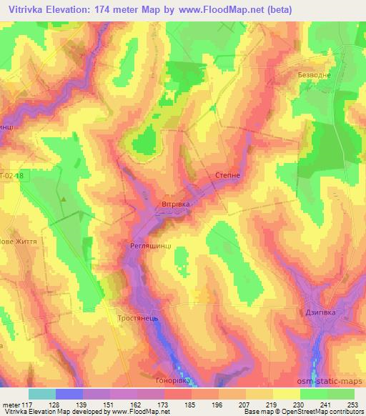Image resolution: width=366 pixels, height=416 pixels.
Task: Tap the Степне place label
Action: pyautogui.click(x=227, y=174)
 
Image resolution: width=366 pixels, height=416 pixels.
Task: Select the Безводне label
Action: pyautogui.click(x=315, y=74)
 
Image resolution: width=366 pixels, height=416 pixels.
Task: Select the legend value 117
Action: pyautogui.click(x=29, y=405)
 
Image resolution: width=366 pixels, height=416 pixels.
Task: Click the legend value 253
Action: pyautogui.click(x=353, y=405)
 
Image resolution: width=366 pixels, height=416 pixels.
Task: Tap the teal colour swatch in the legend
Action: pyautogui.click(x=42, y=394)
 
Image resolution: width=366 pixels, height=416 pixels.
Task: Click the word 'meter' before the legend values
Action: pyautogui.click(x=10, y=405)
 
